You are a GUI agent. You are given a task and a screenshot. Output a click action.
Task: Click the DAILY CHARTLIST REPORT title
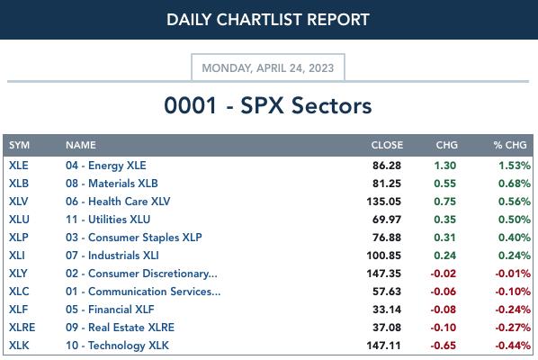pyautogui.click(x=268, y=20)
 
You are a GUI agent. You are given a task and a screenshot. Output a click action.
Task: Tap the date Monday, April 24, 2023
pyautogui.click(x=268, y=68)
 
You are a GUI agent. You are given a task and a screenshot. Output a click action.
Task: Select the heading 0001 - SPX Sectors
pyautogui.click(x=268, y=105)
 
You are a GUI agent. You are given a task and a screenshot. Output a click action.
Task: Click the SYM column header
pyautogui.click(x=19, y=145)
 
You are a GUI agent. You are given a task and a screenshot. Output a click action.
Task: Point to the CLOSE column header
pyautogui.click(x=387, y=145)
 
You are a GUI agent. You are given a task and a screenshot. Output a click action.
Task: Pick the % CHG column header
pyautogui.click(x=510, y=145)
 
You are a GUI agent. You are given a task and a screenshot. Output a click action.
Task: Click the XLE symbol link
pyautogui.click(x=19, y=166)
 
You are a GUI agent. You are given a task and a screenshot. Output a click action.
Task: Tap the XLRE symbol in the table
pyautogui.click(x=22, y=328)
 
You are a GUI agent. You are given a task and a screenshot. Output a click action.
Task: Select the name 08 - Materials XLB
pyautogui.click(x=112, y=184)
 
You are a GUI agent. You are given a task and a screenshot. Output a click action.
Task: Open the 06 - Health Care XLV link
pyautogui.click(x=118, y=202)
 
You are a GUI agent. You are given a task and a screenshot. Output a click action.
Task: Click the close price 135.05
pyautogui.click(x=383, y=202)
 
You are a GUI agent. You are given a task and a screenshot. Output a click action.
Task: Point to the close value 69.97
pyautogui.click(x=387, y=220)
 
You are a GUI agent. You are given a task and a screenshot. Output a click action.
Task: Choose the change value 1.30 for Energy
pyautogui.click(x=445, y=166)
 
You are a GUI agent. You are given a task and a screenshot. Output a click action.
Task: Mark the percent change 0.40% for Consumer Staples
pyautogui.click(x=515, y=238)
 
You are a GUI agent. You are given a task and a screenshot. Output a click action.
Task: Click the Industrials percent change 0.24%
pyautogui.click(x=515, y=256)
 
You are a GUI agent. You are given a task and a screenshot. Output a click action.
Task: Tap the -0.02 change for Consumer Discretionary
pyautogui.click(x=444, y=274)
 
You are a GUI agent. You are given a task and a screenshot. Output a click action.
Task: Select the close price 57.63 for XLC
pyautogui.click(x=387, y=292)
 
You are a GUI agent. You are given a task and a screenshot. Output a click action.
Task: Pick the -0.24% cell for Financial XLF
pyautogui.click(x=513, y=310)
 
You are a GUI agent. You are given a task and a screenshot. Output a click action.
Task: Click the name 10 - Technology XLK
pyautogui.click(x=117, y=346)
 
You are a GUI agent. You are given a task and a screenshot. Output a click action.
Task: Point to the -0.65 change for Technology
pyautogui.click(x=444, y=346)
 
